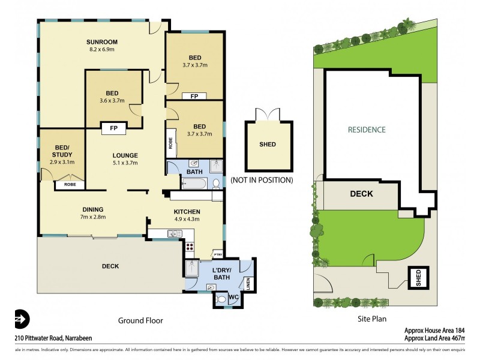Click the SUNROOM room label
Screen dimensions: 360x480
click(x=101, y=41)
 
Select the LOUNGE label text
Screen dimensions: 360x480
click(x=125, y=155)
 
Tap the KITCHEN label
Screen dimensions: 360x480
click(x=187, y=212)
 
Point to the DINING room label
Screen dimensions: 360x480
click(x=94, y=209)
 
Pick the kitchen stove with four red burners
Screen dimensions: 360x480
click(x=190, y=245)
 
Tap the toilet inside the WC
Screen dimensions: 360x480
click(x=221, y=298)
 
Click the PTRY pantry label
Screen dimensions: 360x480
click(x=217, y=254)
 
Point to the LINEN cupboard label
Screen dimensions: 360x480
click(x=248, y=282)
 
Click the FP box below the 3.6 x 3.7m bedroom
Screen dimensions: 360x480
click(x=113, y=127)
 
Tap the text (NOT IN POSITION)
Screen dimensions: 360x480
click(x=262, y=180)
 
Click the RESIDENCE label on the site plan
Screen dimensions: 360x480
click(x=366, y=129)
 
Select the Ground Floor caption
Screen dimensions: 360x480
click(x=141, y=320)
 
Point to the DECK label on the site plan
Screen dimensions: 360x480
click(x=361, y=194)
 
